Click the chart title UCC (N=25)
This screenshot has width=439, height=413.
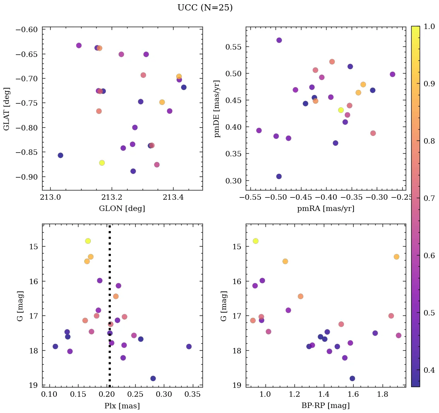(205, 8)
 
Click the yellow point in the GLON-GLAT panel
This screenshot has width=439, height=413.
(102, 163)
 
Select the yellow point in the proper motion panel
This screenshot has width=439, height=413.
(341, 110)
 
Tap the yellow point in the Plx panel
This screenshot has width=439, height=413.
(88, 241)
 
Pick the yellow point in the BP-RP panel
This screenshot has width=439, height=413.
(255, 241)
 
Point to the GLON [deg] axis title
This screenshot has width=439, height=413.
(122, 209)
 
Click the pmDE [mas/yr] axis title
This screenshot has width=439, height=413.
(217, 109)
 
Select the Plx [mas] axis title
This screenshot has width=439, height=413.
(122, 406)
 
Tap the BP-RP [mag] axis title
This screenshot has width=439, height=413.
(326, 406)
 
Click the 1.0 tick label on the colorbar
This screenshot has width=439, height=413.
(429, 26)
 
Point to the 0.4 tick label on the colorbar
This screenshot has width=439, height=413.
(429, 370)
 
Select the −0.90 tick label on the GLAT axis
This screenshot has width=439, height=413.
(27, 177)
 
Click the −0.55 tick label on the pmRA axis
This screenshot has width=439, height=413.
(251, 197)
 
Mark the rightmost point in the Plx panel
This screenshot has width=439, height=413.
(189, 346)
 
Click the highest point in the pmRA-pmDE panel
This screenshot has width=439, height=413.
(279, 40)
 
